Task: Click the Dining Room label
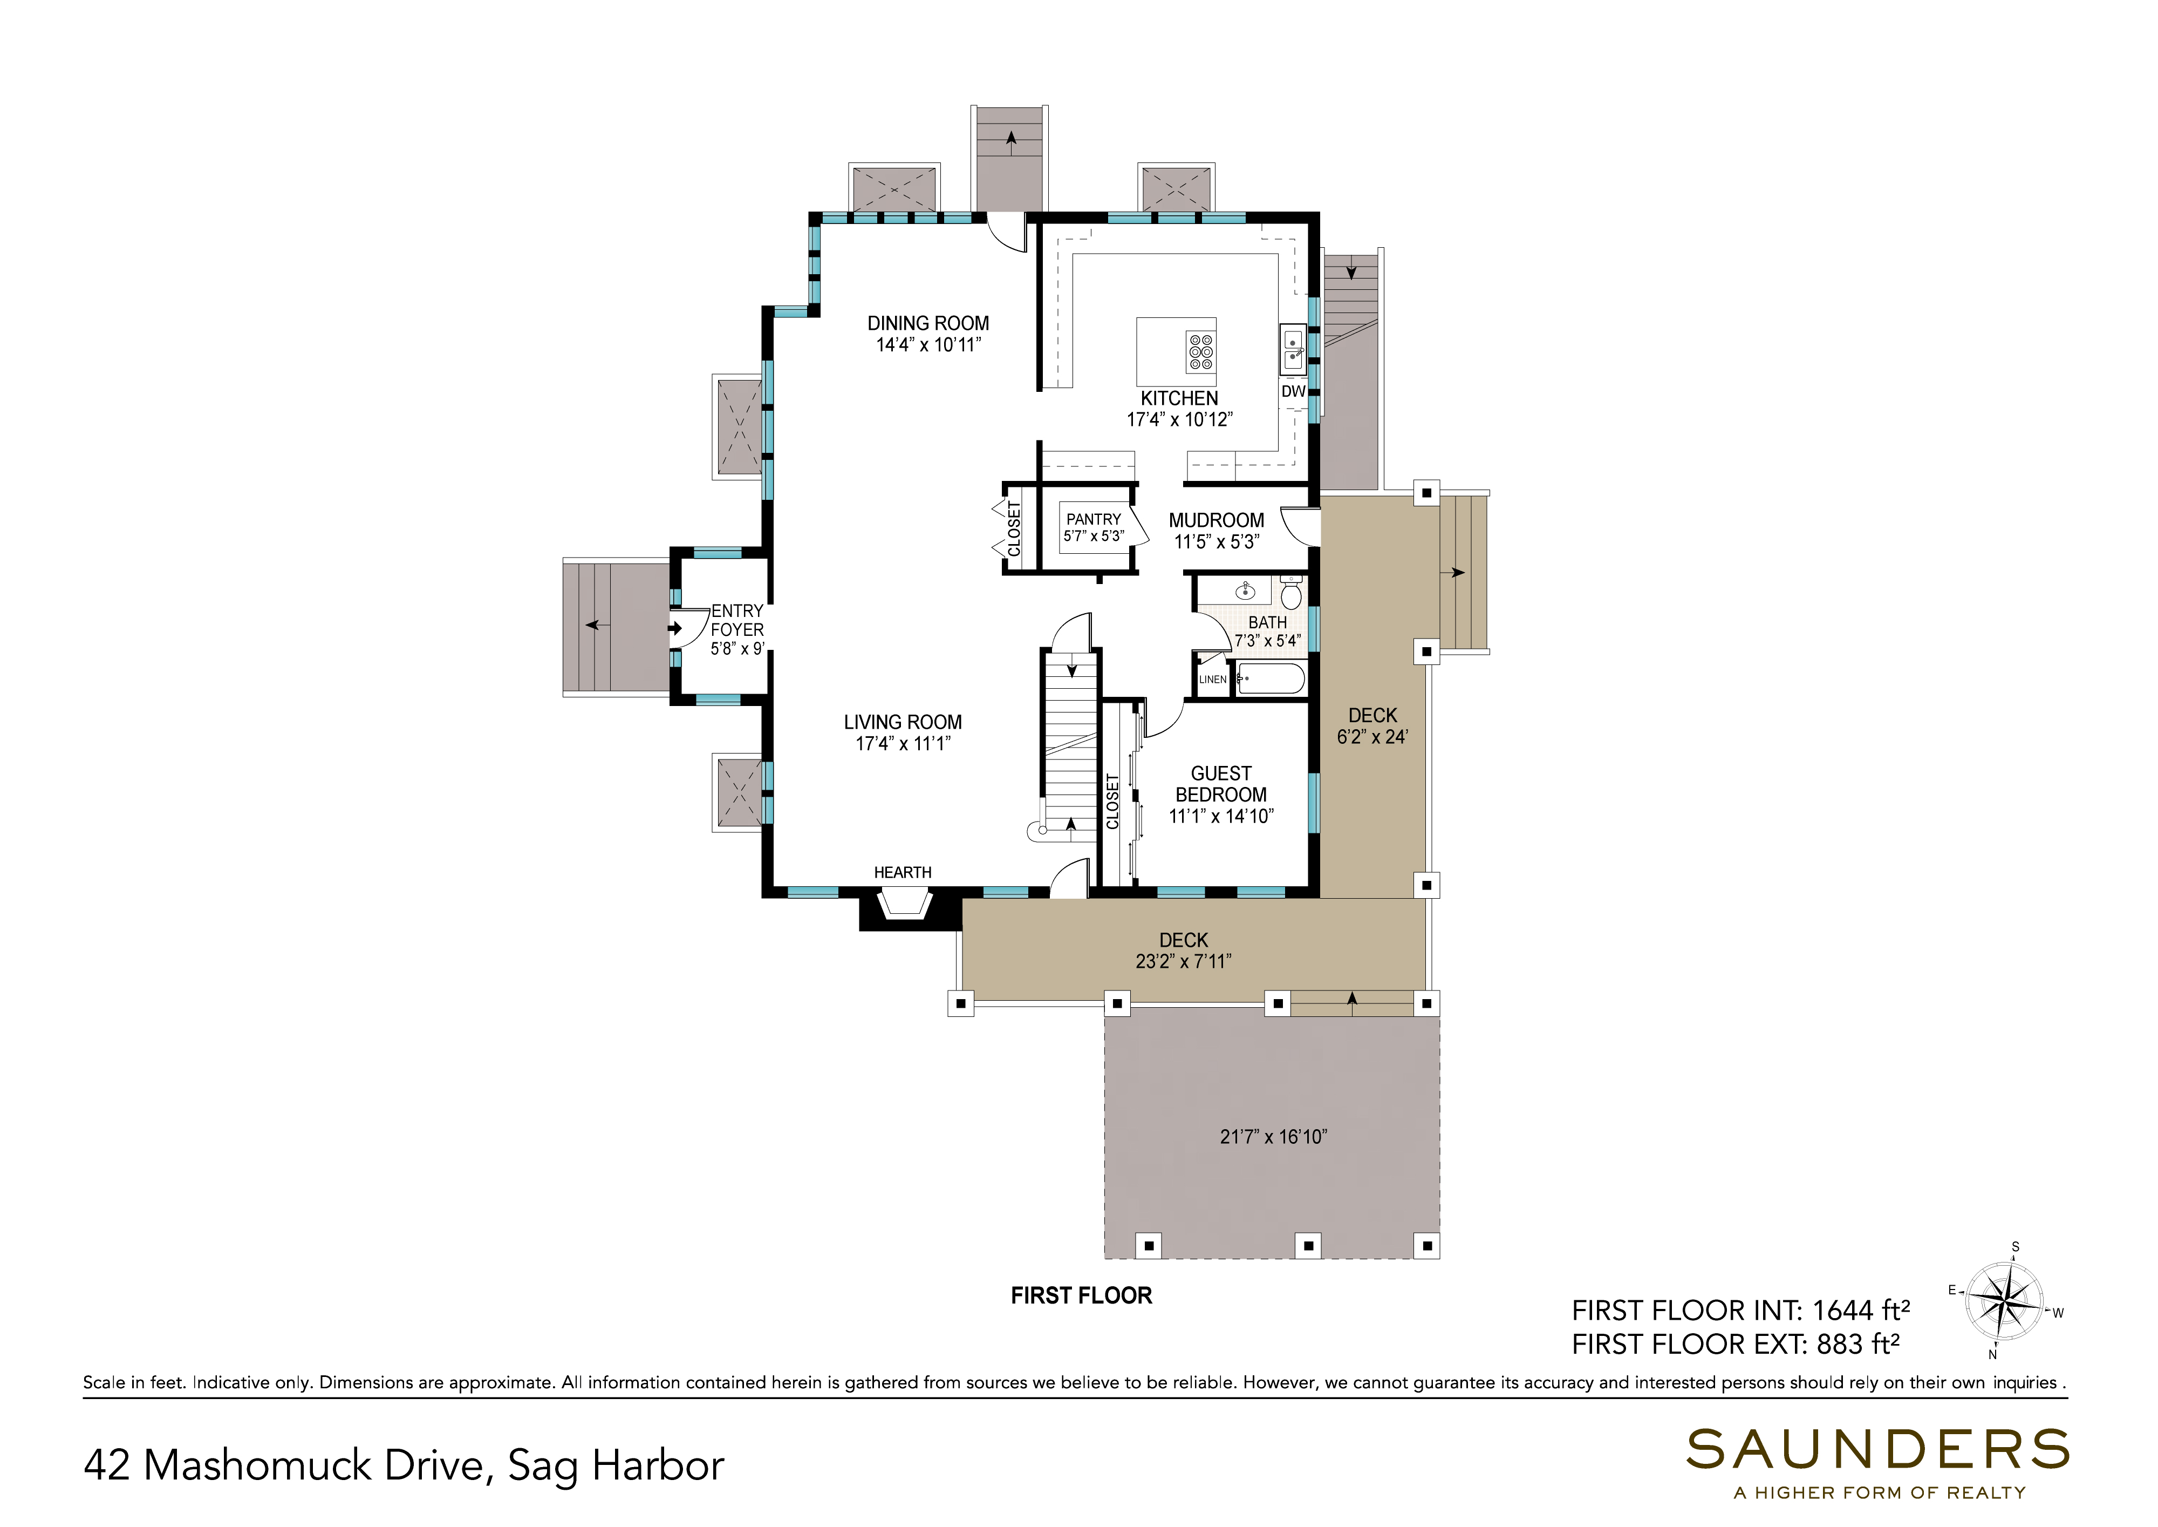(x=928, y=323)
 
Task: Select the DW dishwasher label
(x=1293, y=391)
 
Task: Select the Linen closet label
(x=1212, y=680)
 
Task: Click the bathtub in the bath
(x=1271, y=678)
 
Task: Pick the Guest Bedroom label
(x=1221, y=784)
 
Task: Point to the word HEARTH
(x=902, y=873)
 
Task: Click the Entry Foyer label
(x=737, y=621)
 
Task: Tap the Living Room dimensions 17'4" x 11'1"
(x=902, y=744)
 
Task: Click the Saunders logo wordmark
(x=1877, y=1450)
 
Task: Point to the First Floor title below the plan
(x=1081, y=1295)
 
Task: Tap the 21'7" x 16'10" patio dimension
(x=1274, y=1137)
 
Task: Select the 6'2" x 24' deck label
(x=1372, y=737)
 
